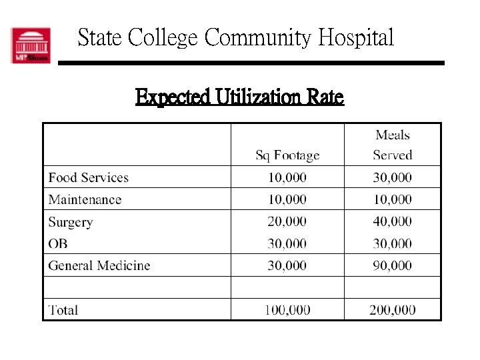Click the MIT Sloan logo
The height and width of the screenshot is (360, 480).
(30, 45)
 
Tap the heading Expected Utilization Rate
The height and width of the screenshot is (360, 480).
(239, 98)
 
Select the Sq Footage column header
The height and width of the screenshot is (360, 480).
(287, 156)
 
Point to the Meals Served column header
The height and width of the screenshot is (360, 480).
(392, 145)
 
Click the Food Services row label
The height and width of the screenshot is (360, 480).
(88, 177)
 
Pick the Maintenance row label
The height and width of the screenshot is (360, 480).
(85, 199)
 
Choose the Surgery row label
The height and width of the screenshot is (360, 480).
(70, 222)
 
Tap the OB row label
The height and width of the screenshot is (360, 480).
(58, 243)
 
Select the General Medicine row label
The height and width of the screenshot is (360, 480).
(99, 265)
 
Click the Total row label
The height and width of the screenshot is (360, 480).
(63, 310)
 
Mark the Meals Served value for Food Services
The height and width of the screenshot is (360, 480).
(392, 177)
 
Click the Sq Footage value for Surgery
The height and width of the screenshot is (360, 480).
(287, 221)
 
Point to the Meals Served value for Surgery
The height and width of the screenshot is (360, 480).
(392, 221)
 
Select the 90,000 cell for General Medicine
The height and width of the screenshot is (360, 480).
(392, 265)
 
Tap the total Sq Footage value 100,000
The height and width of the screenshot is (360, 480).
(287, 310)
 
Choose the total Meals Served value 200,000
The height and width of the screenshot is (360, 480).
(392, 310)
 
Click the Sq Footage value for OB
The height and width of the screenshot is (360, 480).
(287, 243)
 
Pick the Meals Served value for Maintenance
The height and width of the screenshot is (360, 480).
(392, 199)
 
